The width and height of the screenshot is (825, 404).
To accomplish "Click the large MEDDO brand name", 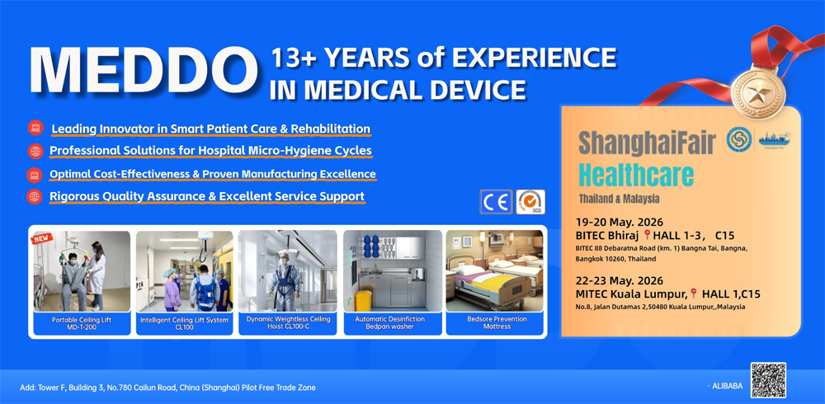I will pos(141,70).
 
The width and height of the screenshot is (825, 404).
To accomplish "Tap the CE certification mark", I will pos(495,202).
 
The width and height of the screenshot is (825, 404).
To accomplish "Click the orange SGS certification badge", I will pos(530,202).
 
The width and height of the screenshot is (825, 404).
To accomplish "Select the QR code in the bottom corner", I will pos(767,380).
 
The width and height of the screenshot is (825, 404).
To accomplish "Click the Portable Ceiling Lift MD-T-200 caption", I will pos(82,323).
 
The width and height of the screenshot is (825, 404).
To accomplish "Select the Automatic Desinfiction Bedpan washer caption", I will pos(392,323).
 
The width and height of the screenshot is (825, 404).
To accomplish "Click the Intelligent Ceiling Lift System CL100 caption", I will pos(184,323).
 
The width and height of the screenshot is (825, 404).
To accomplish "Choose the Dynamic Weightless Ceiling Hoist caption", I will pos(288,323).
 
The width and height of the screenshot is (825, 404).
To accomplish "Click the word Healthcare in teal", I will pos(635,176).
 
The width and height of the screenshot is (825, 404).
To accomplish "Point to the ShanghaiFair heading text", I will pos(648,142).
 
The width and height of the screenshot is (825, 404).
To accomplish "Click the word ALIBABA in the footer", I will pos(726,386).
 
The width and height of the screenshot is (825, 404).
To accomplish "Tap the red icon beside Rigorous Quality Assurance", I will pos(35,197).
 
